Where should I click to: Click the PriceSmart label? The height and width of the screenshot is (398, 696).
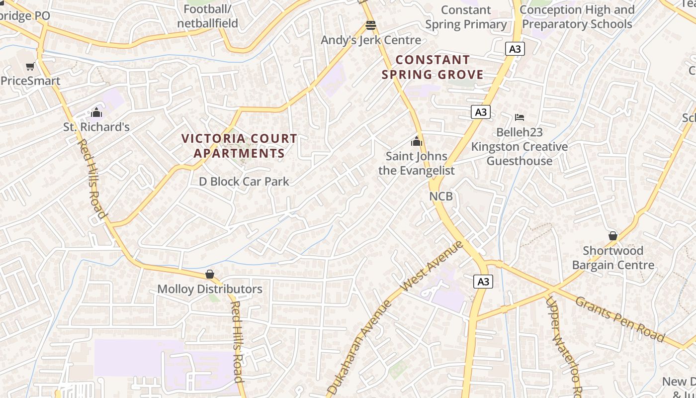point(31,81)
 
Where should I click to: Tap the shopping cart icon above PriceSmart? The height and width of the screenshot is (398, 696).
point(30,66)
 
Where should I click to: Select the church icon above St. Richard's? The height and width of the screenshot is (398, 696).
point(96,112)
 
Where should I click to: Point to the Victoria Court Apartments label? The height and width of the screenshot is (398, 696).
point(239,146)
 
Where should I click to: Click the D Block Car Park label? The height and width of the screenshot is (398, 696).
point(244,182)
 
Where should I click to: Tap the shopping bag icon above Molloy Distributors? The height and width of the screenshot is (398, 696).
point(210,274)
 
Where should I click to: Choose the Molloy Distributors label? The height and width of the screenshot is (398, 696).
point(210,289)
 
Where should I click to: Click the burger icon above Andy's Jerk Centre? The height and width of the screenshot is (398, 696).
point(371,25)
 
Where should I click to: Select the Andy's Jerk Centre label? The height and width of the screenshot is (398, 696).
point(371,40)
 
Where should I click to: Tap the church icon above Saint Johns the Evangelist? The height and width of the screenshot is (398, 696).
point(417,141)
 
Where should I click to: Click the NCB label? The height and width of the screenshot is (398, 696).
point(441,197)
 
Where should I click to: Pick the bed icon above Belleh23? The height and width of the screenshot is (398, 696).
point(520,117)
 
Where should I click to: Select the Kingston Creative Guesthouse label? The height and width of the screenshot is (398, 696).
point(520,154)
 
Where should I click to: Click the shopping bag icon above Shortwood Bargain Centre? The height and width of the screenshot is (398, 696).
point(613,236)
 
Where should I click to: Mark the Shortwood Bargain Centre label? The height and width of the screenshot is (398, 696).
point(613,258)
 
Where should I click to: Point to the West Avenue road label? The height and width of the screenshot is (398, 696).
point(432,266)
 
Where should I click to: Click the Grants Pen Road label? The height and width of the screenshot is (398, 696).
point(620,319)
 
